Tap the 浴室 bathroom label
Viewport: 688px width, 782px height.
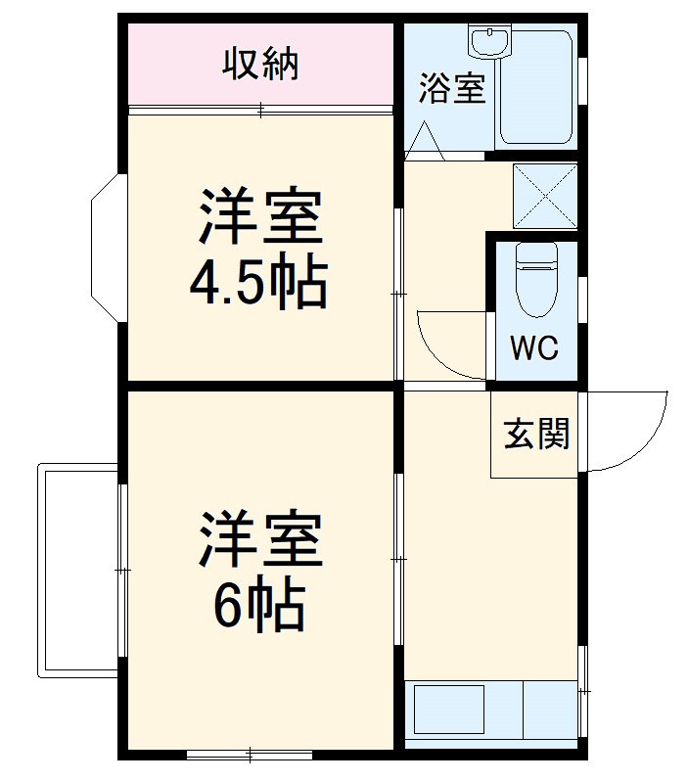(x=451, y=88)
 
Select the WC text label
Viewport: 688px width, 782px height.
(x=534, y=349)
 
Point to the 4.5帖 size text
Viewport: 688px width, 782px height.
(x=258, y=285)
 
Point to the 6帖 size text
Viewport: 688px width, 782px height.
(x=258, y=607)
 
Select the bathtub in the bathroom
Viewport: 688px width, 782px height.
(x=537, y=88)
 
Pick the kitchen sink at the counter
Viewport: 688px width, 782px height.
(x=450, y=712)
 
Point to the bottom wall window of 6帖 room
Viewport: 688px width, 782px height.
(x=250, y=754)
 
